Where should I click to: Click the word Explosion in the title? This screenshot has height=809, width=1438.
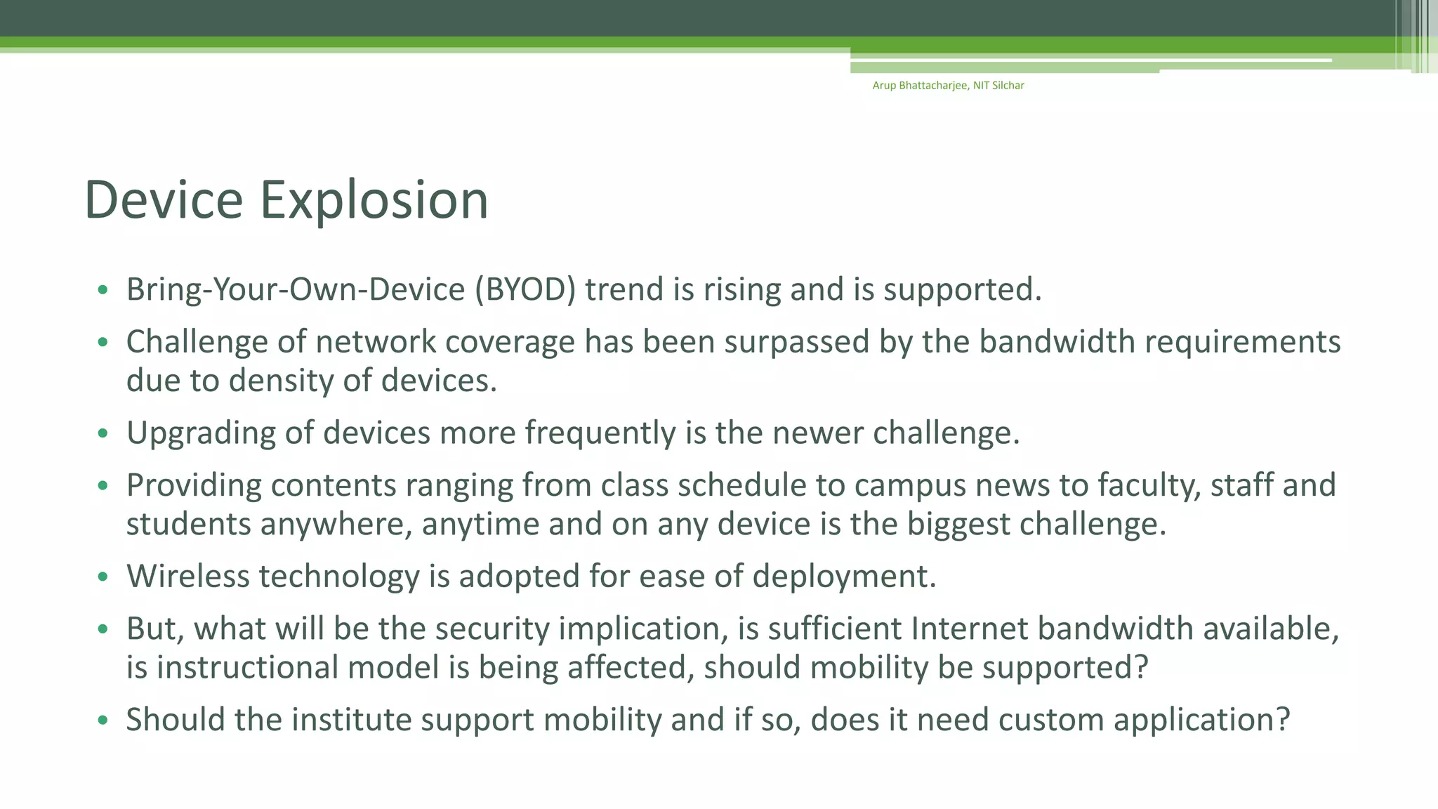pyautogui.click(x=374, y=200)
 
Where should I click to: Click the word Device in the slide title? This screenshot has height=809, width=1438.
pyautogui.click(x=163, y=200)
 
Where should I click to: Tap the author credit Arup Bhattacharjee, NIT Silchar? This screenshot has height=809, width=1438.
pyautogui.click(x=948, y=86)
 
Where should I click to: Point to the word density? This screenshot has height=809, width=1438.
pyautogui.click(x=281, y=381)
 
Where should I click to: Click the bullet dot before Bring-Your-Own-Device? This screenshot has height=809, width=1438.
pyautogui.click(x=103, y=290)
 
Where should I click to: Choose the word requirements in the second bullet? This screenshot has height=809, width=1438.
pyautogui.click(x=1242, y=342)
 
